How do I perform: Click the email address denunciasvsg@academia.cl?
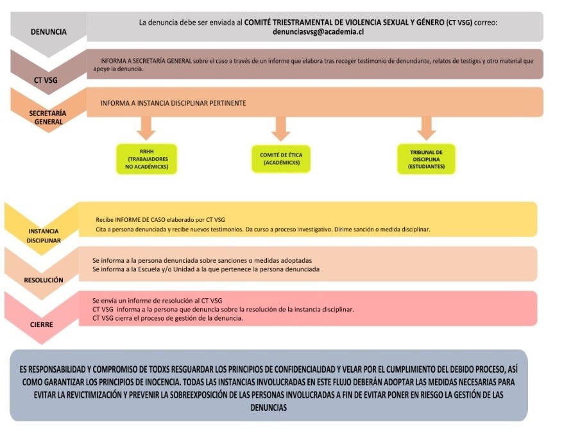click(x=318, y=31)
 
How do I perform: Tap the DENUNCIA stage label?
click(x=49, y=32)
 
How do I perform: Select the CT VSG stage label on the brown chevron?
click(x=46, y=80)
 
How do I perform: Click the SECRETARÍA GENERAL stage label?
click(x=48, y=117)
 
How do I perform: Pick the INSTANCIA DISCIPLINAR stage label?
click(x=44, y=236)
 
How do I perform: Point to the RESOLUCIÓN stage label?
click(x=44, y=280)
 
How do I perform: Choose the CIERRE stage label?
click(x=41, y=324)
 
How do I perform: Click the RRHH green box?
click(x=147, y=159)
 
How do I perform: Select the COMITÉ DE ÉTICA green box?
click(x=281, y=159)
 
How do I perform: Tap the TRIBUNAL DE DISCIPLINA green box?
click(x=426, y=159)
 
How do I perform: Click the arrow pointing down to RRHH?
click(x=146, y=128)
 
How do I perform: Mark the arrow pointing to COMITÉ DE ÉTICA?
click(x=280, y=128)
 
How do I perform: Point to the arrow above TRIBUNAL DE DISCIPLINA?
click(x=426, y=128)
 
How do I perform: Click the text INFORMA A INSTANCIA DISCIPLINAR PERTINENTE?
click(x=173, y=103)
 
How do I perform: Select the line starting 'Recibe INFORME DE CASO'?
click(x=160, y=220)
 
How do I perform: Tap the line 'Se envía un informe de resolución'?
click(x=157, y=301)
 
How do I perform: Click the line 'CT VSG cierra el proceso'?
click(x=167, y=318)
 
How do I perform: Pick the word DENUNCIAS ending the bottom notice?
click(x=269, y=408)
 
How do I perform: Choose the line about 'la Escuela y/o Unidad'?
click(x=206, y=269)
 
